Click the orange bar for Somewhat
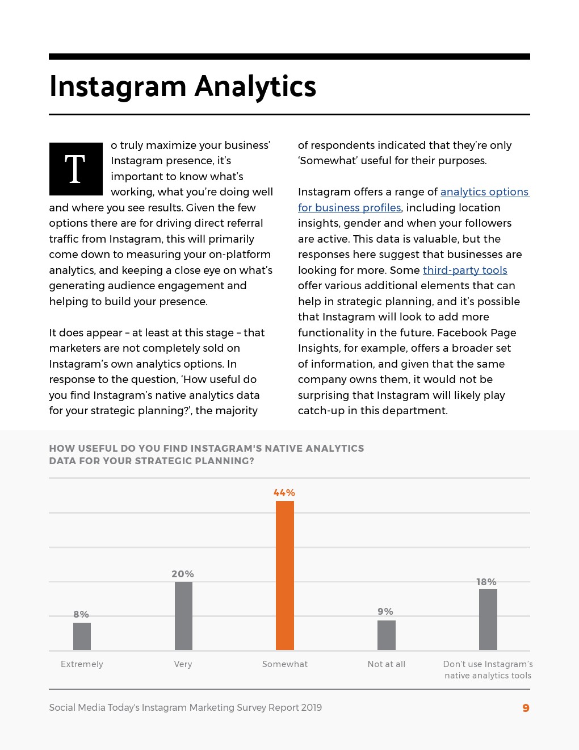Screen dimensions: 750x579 coord(285,575)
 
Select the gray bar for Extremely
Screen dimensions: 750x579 coord(82,636)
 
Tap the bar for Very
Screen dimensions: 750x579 coord(183,616)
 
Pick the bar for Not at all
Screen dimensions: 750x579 coord(387,635)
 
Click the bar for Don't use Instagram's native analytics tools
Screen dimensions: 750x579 coord(488,619)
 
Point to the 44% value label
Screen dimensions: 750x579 coord(284,493)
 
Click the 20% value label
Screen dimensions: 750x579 coord(183,574)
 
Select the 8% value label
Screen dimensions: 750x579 coord(81,614)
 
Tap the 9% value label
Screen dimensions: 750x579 coord(385,611)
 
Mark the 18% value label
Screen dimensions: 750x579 coord(486,582)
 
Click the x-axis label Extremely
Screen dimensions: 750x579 coord(82,664)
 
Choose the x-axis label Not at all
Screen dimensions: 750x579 coord(387,664)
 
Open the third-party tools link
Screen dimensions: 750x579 coord(465,270)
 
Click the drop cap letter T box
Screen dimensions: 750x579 coord(75,169)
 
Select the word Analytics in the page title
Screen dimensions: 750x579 coord(255,86)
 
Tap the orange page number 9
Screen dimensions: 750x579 coord(526,708)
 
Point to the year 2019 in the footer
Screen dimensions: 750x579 coord(311,707)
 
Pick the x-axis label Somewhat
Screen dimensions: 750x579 coord(285,664)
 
